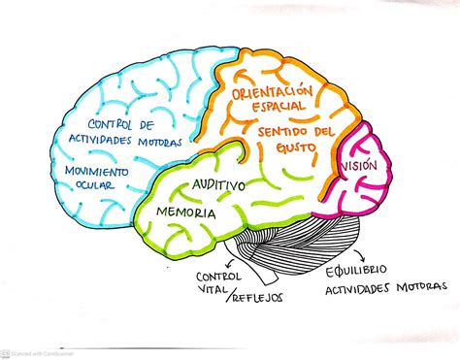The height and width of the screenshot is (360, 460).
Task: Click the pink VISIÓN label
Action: [356, 166]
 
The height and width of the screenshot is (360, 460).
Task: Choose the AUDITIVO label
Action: [217, 183]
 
